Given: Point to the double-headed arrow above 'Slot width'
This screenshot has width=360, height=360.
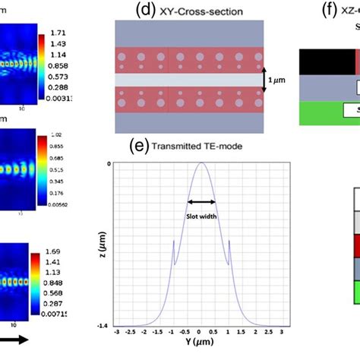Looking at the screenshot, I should [202, 202].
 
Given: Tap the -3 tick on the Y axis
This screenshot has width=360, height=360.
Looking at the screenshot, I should [116, 331].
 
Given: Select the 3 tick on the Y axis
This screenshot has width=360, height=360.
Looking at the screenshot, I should [283, 331].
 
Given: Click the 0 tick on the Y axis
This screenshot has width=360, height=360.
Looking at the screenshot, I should [200, 331].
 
